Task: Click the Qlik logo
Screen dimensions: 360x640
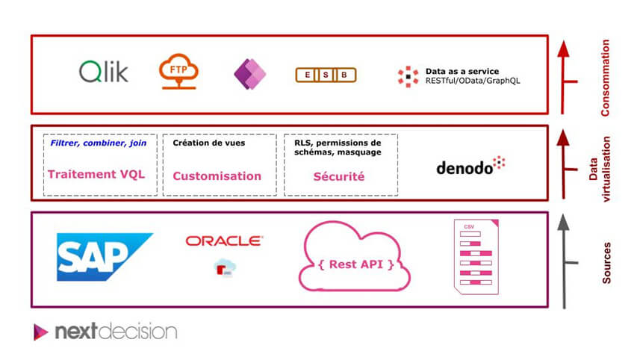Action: tap(103, 72)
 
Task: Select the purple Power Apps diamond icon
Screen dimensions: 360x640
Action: tap(249, 74)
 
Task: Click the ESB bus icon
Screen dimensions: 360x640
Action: tap(326, 75)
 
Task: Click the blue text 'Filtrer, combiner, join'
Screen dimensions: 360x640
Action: tap(99, 143)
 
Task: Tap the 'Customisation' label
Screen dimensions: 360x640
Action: tap(217, 176)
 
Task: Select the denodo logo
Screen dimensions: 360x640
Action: tap(470, 166)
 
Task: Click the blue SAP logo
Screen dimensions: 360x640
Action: tap(104, 256)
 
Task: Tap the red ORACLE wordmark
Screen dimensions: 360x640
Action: tap(223, 240)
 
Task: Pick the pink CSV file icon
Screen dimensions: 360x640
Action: tap(476, 256)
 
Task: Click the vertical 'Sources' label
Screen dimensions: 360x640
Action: tap(606, 261)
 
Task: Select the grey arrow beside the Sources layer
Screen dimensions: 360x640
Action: tap(565, 261)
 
